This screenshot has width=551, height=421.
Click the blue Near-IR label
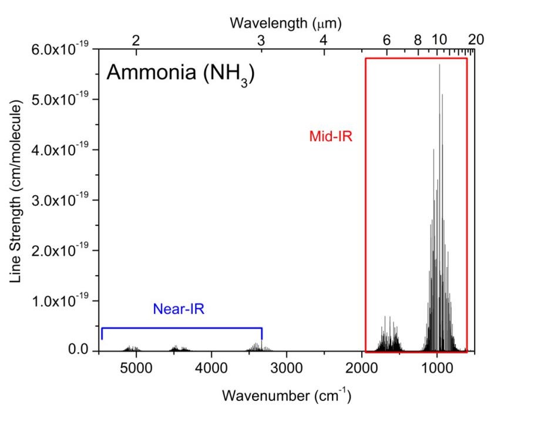179,309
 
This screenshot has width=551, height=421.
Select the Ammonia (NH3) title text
180,76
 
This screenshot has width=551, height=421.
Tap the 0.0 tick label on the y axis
78,351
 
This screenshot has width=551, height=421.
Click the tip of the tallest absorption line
439,65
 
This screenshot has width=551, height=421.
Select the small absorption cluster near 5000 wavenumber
132,348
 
